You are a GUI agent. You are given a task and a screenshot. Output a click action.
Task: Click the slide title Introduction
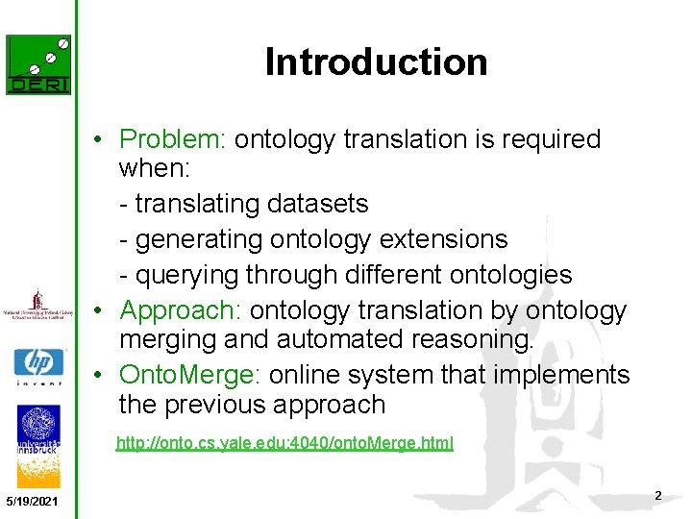point(376,62)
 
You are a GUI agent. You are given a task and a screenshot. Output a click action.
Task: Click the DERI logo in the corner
point(38,64)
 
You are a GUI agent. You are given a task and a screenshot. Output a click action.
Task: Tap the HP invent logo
point(38,366)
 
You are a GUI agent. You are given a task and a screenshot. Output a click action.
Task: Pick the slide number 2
point(657,495)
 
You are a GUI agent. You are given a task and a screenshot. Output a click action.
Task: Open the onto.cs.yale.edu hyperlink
point(284,443)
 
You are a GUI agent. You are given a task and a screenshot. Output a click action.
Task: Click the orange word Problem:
point(172,139)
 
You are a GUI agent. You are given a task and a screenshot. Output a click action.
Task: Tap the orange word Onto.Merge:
point(189,375)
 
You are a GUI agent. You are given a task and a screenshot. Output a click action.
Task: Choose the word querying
point(187,275)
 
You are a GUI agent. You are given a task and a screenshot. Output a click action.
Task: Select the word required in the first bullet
point(549,139)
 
